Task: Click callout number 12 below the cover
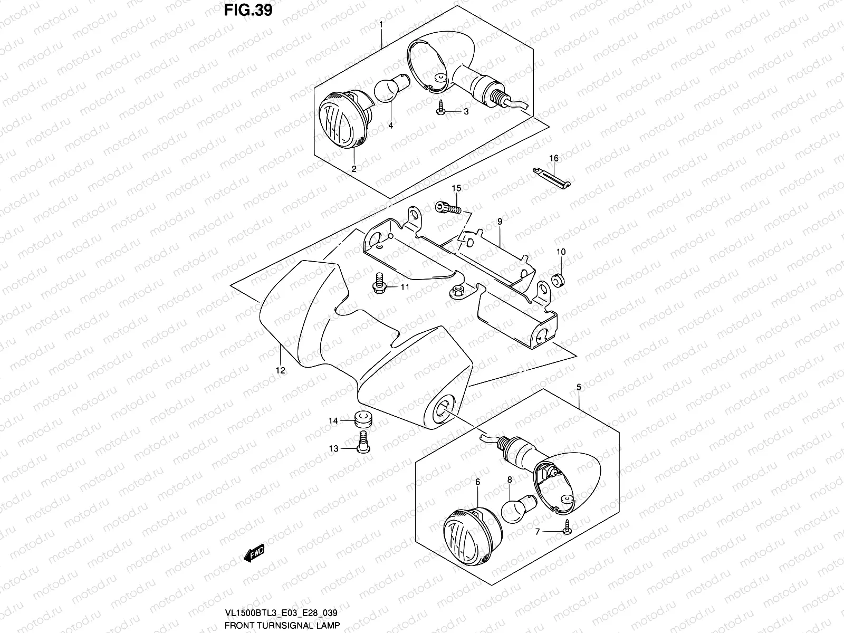[x=280, y=370]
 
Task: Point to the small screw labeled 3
[x=442, y=109]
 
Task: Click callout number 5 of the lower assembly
[x=579, y=387]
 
